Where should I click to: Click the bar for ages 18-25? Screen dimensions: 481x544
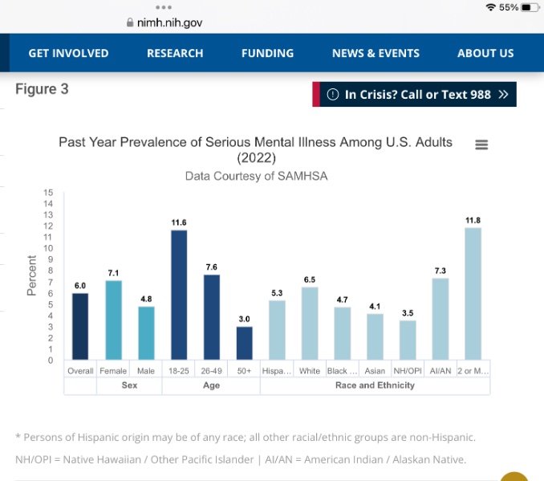pos(179,295)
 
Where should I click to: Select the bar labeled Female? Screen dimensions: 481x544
pos(113,320)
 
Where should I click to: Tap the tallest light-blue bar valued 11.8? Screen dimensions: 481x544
pos(473,293)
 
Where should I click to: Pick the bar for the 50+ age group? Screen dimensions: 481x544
pos(245,343)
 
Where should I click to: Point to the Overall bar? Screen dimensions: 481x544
pos(80,326)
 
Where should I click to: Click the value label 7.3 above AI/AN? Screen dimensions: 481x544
pos(440,271)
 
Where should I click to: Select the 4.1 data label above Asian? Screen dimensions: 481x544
pos(375,306)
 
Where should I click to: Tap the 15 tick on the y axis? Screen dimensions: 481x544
pos(48,193)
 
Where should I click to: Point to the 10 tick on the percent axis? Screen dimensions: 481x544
pos(48,248)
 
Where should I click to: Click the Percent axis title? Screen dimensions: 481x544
pos(32,275)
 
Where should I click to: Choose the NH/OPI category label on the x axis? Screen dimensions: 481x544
pos(408,371)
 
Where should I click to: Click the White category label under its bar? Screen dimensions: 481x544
pos(310,371)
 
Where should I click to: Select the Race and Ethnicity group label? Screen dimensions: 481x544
pos(375,385)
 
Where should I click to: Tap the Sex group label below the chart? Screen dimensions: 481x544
pos(129,385)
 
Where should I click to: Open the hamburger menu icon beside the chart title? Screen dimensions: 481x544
pos(481,145)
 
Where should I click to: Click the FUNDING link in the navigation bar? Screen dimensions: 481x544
pos(267,53)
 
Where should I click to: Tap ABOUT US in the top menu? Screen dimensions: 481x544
pos(485,53)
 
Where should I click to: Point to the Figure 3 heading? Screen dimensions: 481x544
pos(42,89)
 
